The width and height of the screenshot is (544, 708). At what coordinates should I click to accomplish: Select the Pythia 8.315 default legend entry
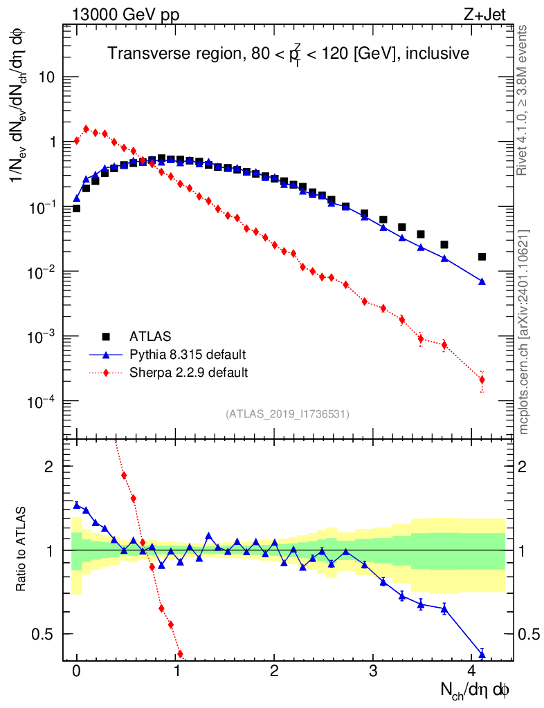[x=188, y=355]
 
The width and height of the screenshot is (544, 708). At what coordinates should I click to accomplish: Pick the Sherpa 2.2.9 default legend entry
[x=189, y=373]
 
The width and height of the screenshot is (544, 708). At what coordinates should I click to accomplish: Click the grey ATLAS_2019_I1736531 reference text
[x=287, y=414]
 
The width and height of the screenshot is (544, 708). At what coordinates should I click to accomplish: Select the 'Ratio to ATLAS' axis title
[x=21, y=550]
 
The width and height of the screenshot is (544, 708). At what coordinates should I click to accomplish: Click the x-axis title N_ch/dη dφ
[x=475, y=689]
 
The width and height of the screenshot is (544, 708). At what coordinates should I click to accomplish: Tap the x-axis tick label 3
[x=374, y=671]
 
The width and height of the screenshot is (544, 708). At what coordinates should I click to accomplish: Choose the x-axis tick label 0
[x=77, y=671]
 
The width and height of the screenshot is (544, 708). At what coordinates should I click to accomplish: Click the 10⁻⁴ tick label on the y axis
[x=43, y=402]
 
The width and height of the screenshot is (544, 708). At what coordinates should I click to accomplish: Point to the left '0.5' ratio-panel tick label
[x=45, y=634]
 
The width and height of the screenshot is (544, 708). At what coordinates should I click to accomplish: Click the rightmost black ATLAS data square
[x=482, y=257]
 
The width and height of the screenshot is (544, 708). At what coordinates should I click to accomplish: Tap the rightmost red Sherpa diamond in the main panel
[x=482, y=380]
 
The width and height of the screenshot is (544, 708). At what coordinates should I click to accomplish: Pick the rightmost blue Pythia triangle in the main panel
[x=482, y=281]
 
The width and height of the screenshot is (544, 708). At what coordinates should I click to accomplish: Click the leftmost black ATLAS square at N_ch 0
[x=76, y=208]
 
